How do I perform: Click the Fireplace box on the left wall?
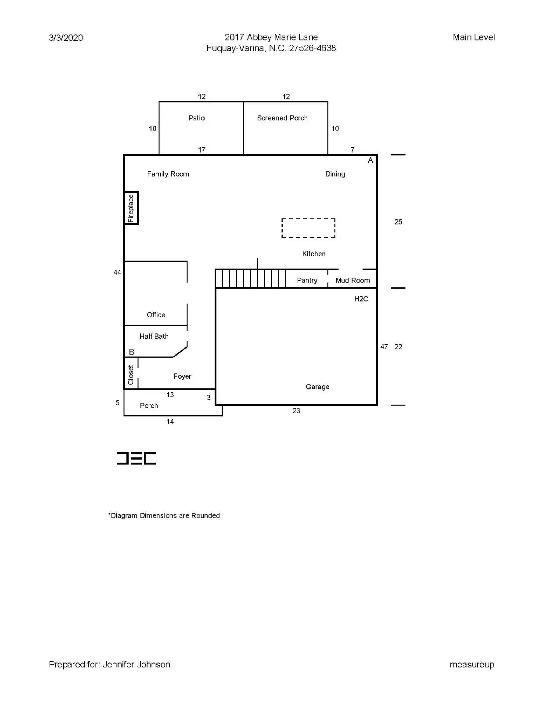click(x=131, y=208)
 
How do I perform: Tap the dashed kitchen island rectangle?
click(x=308, y=228)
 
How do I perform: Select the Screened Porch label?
click(x=282, y=118)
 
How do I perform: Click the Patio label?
click(x=196, y=118)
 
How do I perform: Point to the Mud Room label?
click(x=352, y=280)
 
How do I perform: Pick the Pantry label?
click(x=307, y=280)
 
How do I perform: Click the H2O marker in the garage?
click(x=361, y=299)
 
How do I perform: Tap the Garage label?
click(x=317, y=387)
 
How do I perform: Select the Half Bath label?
click(x=154, y=336)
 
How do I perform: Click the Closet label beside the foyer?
click(x=131, y=375)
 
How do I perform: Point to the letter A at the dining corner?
click(x=370, y=161)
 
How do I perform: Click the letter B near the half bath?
click(x=132, y=352)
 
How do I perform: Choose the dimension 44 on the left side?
click(x=117, y=272)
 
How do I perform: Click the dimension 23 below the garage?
click(x=296, y=411)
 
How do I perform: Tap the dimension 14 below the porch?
click(x=170, y=422)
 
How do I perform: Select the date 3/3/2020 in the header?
click(x=66, y=38)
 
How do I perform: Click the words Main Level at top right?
click(x=474, y=37)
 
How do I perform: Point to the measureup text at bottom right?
click(x=472, y=665)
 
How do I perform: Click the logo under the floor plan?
click(x=136, y=458)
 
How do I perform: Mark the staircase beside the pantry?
click(x=250, y=279)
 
